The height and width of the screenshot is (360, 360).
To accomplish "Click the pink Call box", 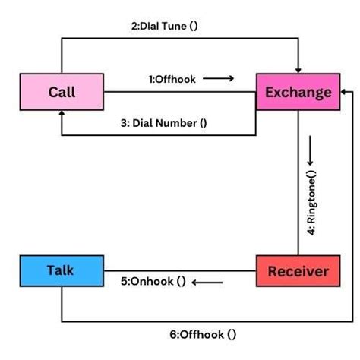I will pyautogui.click(x=62, y=93).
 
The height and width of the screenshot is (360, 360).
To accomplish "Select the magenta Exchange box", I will pyautogui.click(x=298, y=93).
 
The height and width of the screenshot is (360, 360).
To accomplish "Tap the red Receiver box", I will pyautogui.click(x=298, y=271).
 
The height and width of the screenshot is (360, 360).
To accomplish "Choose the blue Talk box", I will pyautogui.click(x=61, y=271).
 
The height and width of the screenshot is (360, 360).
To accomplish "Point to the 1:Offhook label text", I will pyautogui.click(x=172, y=77).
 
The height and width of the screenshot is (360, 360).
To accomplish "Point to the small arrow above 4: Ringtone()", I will pyautogui.click(x=311, y=163).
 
